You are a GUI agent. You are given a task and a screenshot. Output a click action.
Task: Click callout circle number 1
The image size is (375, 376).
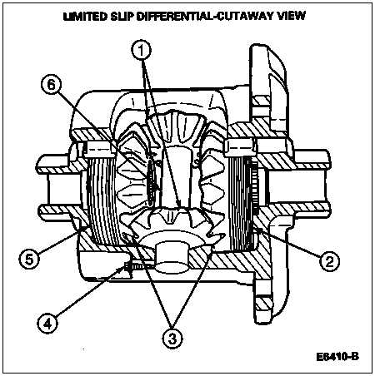(x=142, y=51)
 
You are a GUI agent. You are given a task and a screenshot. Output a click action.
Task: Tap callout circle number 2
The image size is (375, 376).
(x=329, y=261)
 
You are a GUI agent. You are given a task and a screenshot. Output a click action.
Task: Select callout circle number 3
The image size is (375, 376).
(x=172, y=338)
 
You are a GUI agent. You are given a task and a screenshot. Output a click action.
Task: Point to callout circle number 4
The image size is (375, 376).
(x=47, y=324)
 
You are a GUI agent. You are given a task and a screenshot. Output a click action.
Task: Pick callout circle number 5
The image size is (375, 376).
(x=29, y=260)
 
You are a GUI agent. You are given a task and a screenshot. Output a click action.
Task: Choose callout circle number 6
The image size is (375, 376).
(x=52, y=84)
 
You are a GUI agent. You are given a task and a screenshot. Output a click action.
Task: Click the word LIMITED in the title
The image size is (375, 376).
(x=85, y=16)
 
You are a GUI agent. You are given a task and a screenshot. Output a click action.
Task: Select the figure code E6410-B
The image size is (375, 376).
(x=337, y=357)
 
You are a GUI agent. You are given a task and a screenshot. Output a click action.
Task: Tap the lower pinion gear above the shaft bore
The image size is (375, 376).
(x=172, y=222)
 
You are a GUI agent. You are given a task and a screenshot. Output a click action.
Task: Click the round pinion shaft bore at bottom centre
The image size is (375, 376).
(x=172, y=255)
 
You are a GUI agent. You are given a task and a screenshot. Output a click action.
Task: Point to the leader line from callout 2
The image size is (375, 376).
(x=287, y=242)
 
